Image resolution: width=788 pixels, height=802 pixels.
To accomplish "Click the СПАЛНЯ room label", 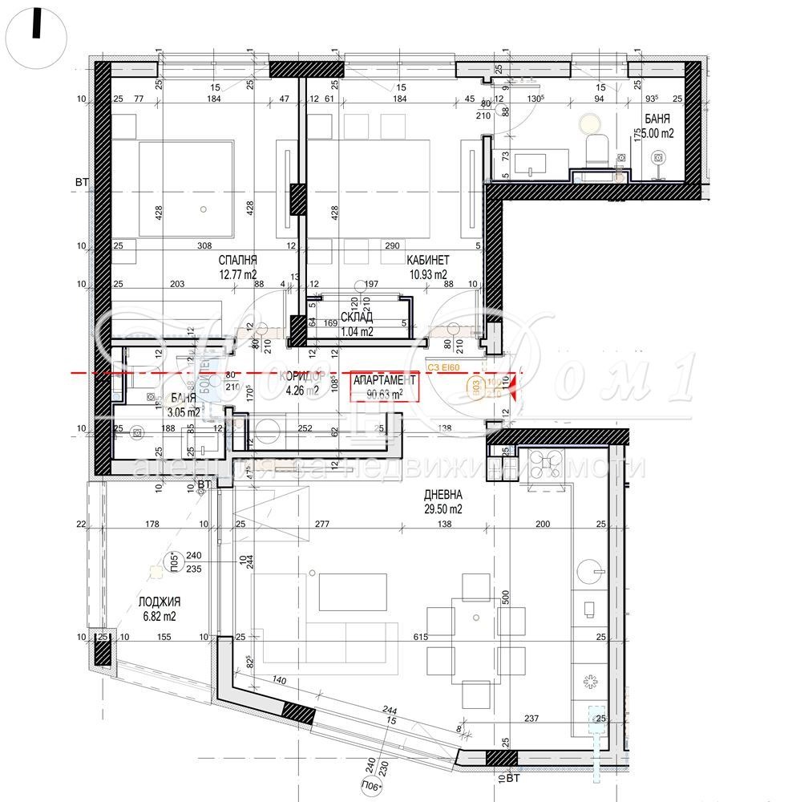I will click(x=238, y=261).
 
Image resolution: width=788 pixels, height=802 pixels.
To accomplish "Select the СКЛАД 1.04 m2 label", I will click(x=357, y=318).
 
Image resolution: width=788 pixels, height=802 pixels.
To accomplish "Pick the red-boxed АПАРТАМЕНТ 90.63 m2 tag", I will click(x=386, y=386).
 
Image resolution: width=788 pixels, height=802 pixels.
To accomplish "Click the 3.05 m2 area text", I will click(x=183, y=412).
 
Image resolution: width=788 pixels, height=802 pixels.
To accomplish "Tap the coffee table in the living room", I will click(x=353, y=592).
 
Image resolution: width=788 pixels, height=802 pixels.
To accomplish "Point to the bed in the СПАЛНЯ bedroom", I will click(x=186, y=189).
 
